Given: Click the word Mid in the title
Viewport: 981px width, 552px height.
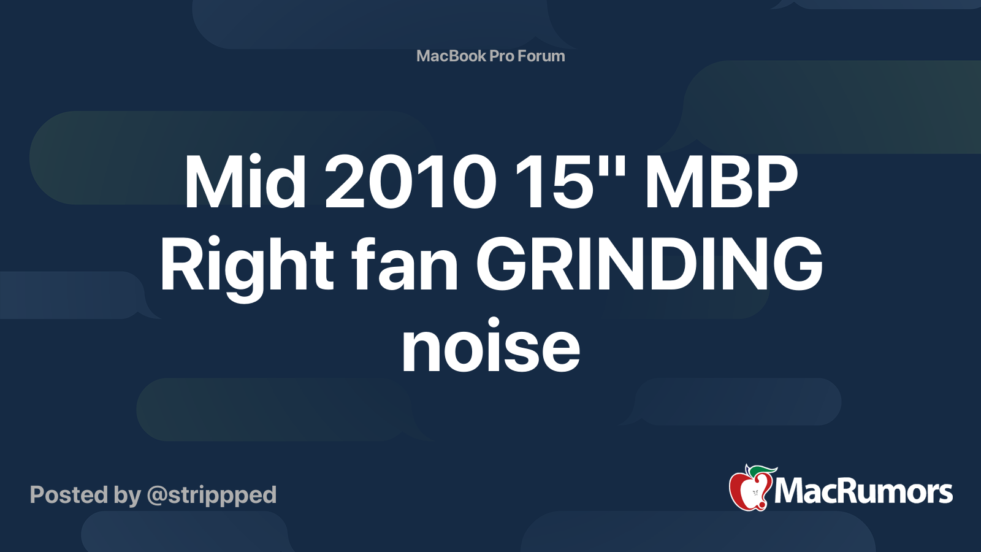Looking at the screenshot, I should pos(245,182).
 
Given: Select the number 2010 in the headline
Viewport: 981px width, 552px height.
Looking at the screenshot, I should pos(410,182).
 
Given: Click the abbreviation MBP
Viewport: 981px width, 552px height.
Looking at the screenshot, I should pos(721,182).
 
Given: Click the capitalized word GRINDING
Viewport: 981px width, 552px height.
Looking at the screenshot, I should pos(649,265).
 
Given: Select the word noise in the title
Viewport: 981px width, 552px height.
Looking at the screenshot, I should pos(490,347).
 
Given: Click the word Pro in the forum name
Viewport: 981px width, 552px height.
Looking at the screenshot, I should pos(502,56).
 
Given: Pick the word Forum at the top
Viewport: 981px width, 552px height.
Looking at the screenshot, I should pos(541,56).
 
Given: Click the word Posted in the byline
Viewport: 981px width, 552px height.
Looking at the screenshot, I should pos(69,494).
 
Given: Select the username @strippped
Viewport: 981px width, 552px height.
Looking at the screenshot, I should pos(212,496).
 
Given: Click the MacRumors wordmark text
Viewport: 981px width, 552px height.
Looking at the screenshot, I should pos(863,491).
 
